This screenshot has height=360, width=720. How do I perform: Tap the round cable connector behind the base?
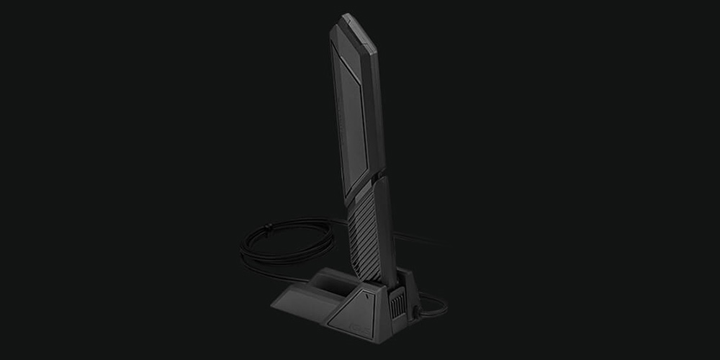click(x=417, y=313)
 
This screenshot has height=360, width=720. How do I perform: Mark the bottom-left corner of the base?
click(x=274, y=305)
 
